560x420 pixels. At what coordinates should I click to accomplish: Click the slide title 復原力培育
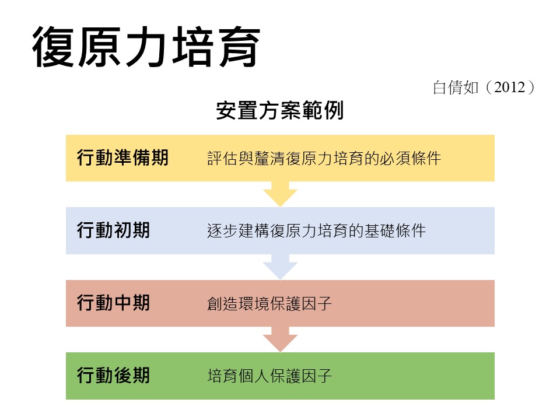[x=146, y=47]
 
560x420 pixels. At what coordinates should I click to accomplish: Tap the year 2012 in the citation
[x=510, y=87]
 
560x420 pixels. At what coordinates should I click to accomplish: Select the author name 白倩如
[x=456, y=87]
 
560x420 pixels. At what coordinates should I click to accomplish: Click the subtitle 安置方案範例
[x=280, y=110]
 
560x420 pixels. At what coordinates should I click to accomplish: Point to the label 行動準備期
[x=123, y=157]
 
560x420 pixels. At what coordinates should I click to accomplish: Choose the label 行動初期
[x=113, y=230]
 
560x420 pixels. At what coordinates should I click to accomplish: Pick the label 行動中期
[x=113, y=303]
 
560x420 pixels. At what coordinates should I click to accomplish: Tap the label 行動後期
[x=113, y=375]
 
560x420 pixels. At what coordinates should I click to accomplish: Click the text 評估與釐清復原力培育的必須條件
[x=324, y=158]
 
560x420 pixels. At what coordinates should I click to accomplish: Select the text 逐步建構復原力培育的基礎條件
[x=316, y=231]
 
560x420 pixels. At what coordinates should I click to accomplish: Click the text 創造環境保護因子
[x=269, y=303]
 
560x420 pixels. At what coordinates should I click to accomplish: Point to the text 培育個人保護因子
[x=269, y=376]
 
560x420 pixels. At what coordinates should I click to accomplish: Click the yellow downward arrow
[x=281, y=194]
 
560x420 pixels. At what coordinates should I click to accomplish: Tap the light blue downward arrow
[x=281, y=267]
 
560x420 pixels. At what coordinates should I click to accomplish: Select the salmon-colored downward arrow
[x=281, y=339]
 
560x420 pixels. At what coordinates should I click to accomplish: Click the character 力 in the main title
[x=146, y=47]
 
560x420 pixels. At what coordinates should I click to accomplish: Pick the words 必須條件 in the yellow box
[x=410, y=158]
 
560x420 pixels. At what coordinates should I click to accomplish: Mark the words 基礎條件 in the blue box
[x=395, y=231]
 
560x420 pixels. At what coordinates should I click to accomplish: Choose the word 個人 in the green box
[x=254, y=376]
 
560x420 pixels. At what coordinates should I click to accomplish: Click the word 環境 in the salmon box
[x=254, y=303]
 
